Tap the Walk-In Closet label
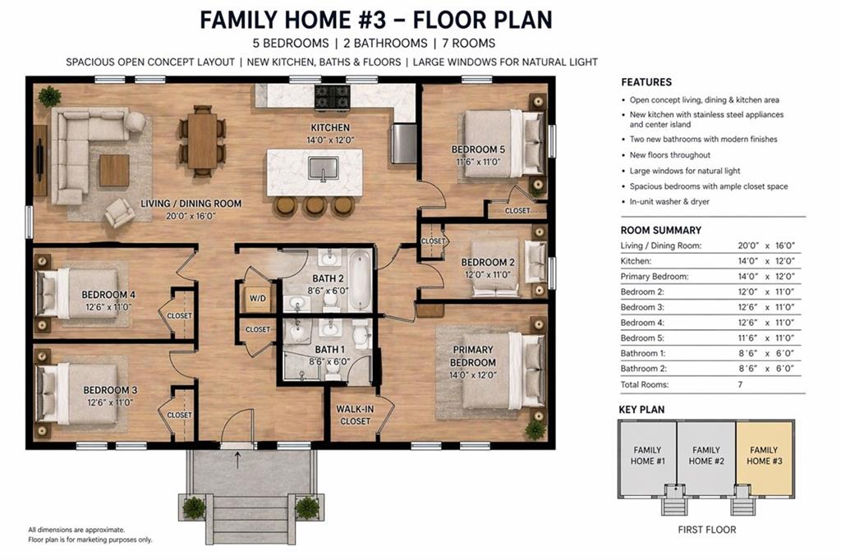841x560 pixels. (x=354, y=415)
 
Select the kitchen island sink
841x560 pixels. (x=324, y=168)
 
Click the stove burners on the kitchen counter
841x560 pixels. (x=333, y=97)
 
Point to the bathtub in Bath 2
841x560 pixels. (x=360, y=281)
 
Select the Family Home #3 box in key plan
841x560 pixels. (x=764, y=456)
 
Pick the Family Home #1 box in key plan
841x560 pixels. (x=647, y=456)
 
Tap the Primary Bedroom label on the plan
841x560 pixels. (x=473, y=356)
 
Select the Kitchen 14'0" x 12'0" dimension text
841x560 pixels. (x=330, y=140)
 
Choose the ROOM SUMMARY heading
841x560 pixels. (x=660, y=230)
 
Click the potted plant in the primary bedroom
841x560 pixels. (x=535, y=429)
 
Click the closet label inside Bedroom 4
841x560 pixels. (x=179, y=316)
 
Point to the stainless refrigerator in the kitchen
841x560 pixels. (x=403, y=144)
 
